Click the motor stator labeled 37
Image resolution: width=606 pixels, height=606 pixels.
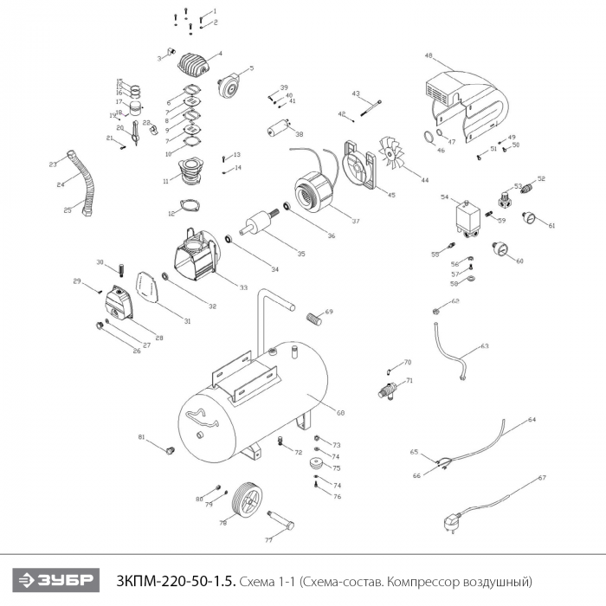click(311, 191)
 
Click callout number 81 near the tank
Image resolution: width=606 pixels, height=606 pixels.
click(141, 437)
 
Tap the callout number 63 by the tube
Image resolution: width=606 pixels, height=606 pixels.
click(485, 345)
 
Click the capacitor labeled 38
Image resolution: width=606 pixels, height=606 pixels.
click(278, 129)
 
